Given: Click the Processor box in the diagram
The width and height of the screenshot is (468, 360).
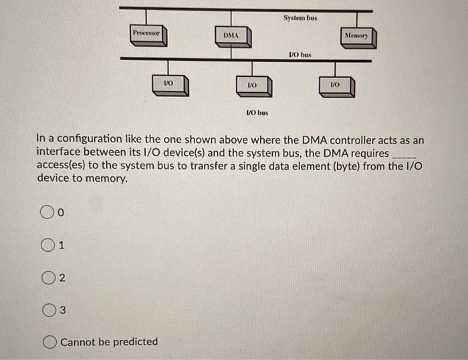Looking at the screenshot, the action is tap(146, 34).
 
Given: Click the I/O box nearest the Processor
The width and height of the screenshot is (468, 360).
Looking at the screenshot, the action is tap(170, 83).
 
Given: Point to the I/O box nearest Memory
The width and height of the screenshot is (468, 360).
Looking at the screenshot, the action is tap(336, 85).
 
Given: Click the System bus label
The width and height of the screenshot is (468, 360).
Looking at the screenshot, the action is tap(300, 18).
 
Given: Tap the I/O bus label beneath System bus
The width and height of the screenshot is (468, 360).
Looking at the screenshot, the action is tap(300, 54).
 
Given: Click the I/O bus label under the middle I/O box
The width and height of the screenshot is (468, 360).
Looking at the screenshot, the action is tap(257, 113).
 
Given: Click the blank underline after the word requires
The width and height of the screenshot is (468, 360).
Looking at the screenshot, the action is tap(405, 154).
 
